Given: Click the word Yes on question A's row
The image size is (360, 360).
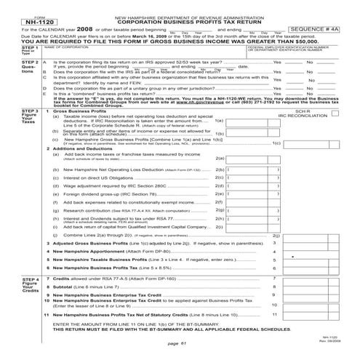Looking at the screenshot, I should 276,63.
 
